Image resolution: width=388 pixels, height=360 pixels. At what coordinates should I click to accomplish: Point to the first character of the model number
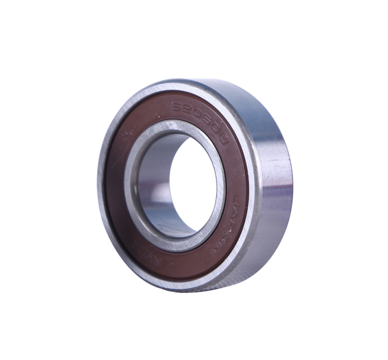[x=176, y=106]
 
